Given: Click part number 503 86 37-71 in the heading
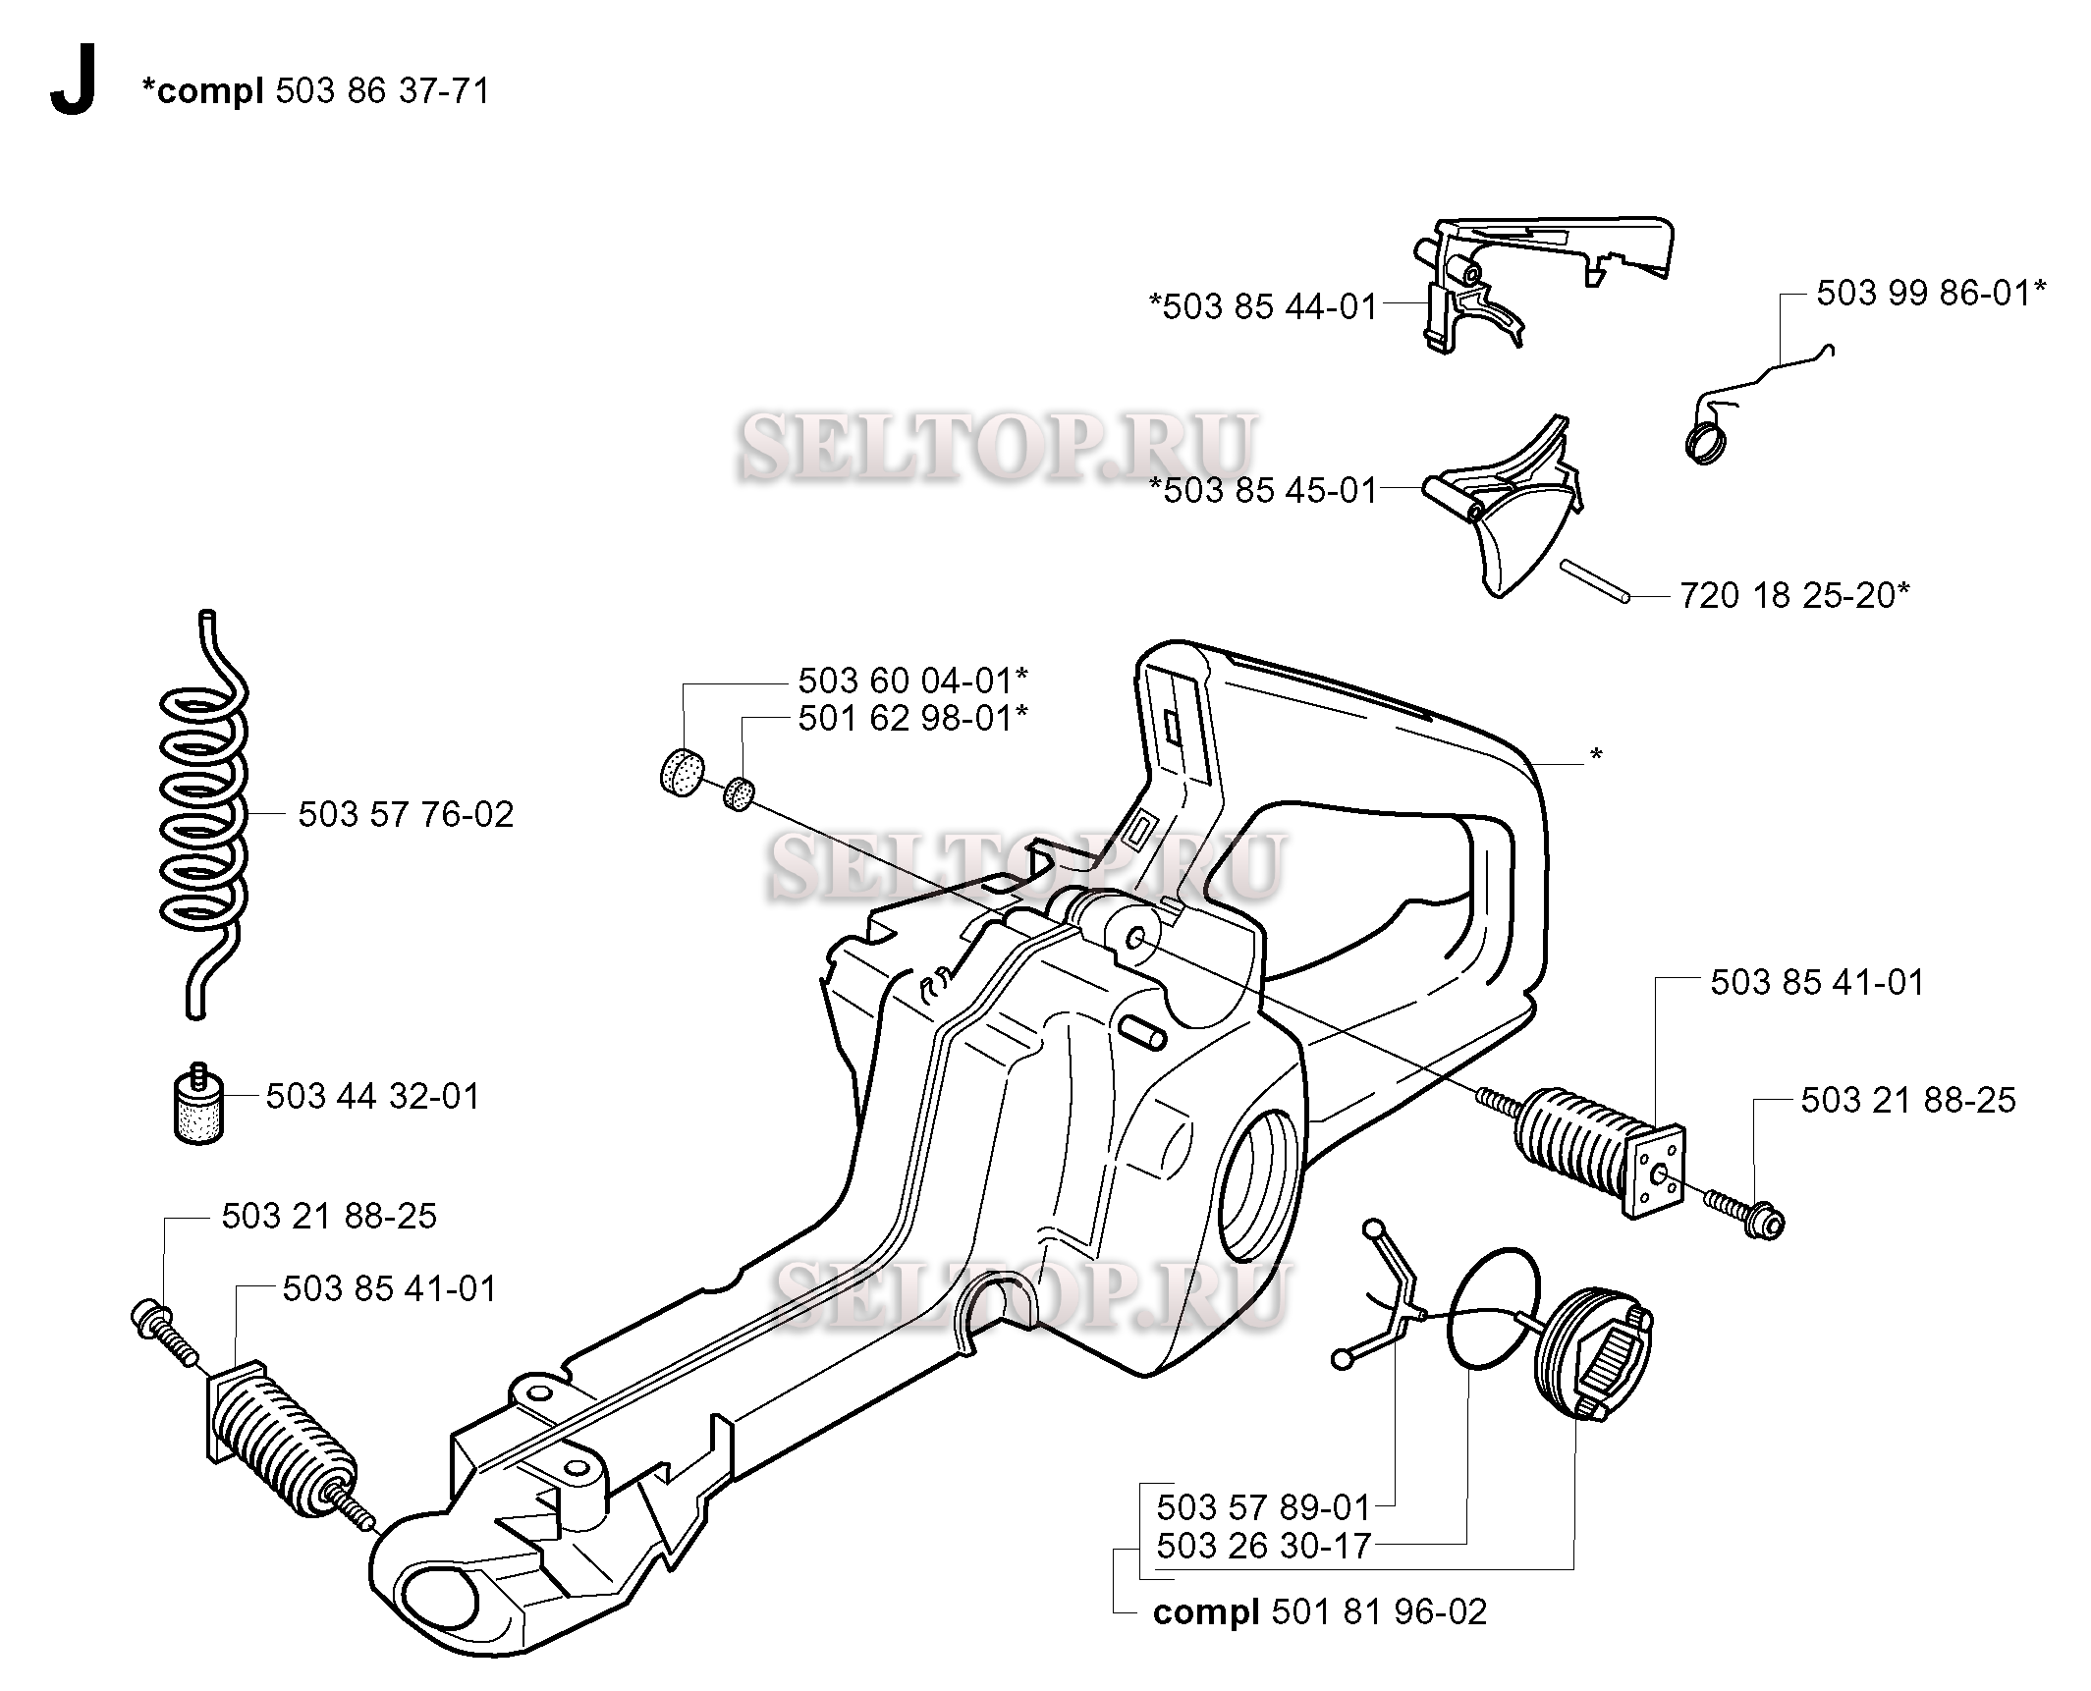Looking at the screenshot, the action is point(382,91).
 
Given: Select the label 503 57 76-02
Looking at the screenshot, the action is point(406,815).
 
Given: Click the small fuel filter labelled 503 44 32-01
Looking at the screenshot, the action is point(200,1101).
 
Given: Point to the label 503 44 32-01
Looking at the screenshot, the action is point(373,1097).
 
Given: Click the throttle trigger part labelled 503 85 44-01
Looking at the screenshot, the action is point(1542,279).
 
